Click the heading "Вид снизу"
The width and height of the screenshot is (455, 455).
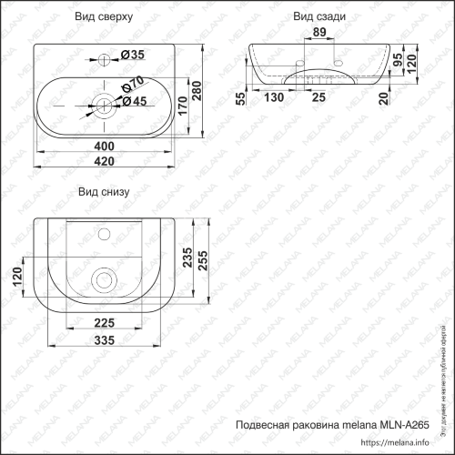pos(105,192)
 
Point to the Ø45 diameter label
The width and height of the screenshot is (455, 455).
pos(136,101)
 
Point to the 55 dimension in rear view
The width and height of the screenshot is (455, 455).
pos(238,98)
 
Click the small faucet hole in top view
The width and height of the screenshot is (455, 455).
pos(104,59)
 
